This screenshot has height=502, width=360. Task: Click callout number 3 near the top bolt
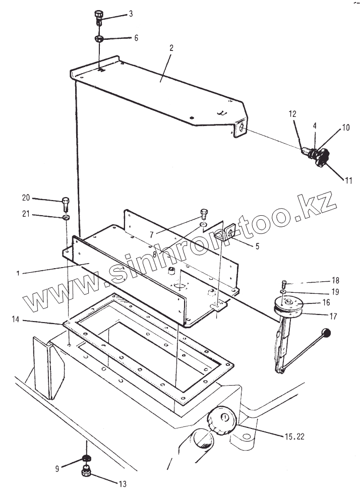131,14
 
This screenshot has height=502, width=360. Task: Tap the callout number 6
136,38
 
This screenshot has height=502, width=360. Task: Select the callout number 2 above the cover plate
171,48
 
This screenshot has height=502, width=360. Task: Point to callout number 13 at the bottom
123,484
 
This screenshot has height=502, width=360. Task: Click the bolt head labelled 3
99,15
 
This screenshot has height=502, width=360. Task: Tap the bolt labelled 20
66,204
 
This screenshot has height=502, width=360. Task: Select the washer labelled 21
66,218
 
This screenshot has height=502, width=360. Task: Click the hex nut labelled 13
86,471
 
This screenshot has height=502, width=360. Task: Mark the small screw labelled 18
284,283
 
